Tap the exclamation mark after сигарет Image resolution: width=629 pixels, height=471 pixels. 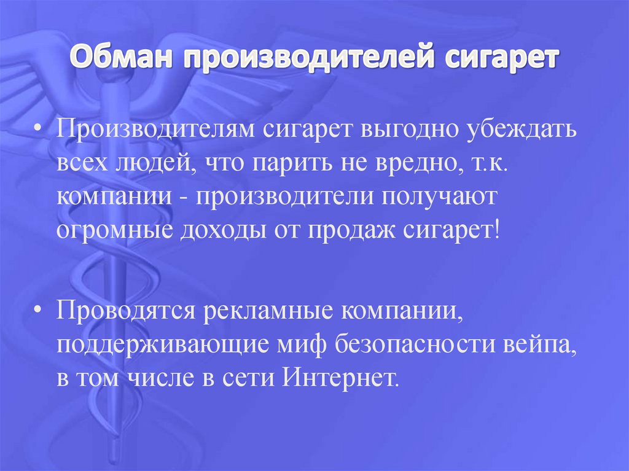click(496, 232)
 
